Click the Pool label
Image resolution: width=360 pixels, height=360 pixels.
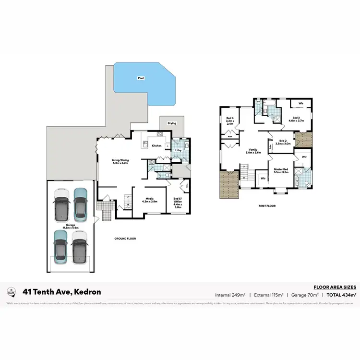click(141, 78)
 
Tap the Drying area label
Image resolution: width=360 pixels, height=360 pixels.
click(172, 123)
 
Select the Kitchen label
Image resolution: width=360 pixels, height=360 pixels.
click(157, 145)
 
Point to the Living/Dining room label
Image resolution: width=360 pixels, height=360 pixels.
click(114, 161)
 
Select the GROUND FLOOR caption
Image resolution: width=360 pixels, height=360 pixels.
click(125, 239)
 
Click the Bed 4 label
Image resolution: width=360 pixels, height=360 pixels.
click(229, 121)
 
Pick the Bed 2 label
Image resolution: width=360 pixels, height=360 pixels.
click(283, 142)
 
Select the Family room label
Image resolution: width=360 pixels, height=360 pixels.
click(253, 151)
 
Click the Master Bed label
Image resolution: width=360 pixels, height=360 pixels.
click(281, 170)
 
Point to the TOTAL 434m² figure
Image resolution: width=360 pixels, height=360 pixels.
click(340, 294)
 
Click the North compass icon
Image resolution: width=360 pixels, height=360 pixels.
click(11, 291)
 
